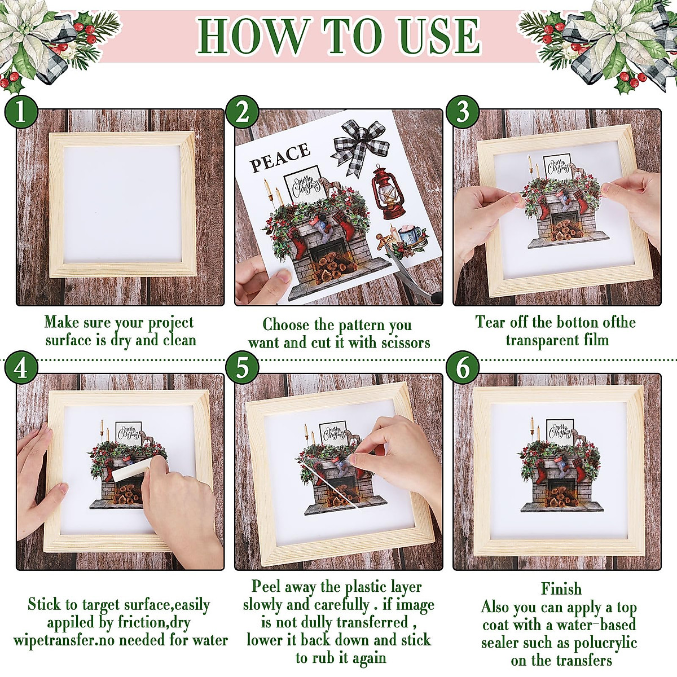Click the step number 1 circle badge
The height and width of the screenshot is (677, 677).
pyautogui.click(x=20, y=111)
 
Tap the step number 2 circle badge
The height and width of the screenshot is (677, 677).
pyautogui.click(x=242, y=111)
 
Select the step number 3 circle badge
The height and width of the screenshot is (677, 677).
pyautogui.click(x=463, y=111)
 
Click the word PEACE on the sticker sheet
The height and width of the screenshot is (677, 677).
pyautogui.click(x=280, y=157)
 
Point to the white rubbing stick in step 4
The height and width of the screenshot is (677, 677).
pyautogui.click(x=131, y=470)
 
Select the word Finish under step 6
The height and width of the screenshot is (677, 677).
pyautogui.click(x=561, y=589)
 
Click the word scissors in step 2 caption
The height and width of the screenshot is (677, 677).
pyautogui.click(x=405, y=342)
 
